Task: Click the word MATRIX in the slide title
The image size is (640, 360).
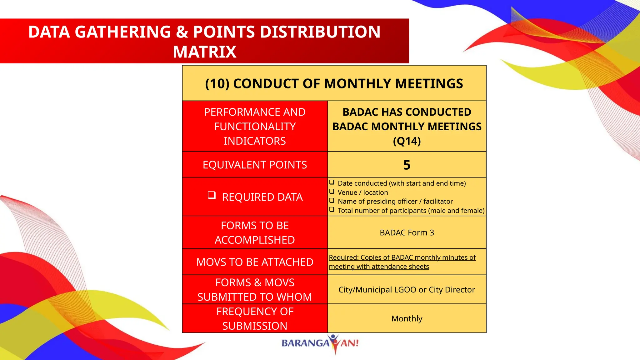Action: coord(205,52)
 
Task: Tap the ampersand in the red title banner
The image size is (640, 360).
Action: coord(182,32)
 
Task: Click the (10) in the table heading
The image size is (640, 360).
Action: coord(217,84)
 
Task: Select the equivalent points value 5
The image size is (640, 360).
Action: coord(407,165)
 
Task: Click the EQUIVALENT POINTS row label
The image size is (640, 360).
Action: coord(255,165)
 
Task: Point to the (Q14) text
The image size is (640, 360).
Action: coord(407,141)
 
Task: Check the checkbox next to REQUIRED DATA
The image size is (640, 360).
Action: coord(212,196)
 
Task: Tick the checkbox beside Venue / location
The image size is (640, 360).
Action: coord(332,192)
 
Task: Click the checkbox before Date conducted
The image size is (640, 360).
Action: coord(332,182)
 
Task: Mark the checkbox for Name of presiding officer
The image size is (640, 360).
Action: coord(332,201)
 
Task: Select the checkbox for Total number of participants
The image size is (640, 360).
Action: coord(332,210)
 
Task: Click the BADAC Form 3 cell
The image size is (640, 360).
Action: coord(407,232)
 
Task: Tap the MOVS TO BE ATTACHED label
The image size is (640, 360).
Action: coord(255,262)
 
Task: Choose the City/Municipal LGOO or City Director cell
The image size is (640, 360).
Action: coord(407,290)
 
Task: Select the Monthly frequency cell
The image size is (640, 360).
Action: coord(407,318)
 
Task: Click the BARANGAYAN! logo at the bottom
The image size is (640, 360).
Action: coord(320,343)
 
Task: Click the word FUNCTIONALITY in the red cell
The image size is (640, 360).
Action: coord(255,127)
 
